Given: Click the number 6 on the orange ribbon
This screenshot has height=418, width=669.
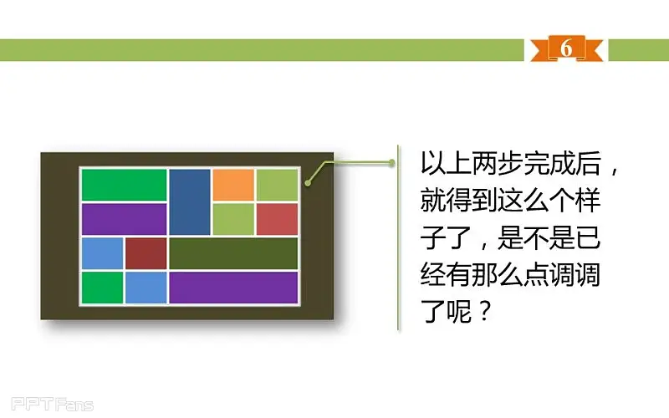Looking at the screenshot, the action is tap(566, 48).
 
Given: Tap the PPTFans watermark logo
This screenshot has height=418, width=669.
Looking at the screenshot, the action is tap(52, 404).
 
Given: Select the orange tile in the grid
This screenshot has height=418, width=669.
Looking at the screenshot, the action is tap(233, 185).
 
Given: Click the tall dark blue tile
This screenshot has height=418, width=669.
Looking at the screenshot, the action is tap(190, 201).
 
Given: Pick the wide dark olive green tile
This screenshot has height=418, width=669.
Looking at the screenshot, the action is tap(233, 253).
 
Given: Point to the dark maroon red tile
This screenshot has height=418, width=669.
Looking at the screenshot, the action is tap(146, 253).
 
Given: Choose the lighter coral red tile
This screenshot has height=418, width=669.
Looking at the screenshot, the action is tap(277, 219).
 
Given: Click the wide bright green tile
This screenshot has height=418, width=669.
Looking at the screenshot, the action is tap(124, 185).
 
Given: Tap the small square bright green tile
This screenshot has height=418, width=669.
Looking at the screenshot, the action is tap(102, 288).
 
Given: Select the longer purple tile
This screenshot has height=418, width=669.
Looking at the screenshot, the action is tap(233, 288).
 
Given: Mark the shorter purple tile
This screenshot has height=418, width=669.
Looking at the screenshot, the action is tap(124, 219).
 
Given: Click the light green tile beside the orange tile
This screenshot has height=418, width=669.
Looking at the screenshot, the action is tap(277, 185).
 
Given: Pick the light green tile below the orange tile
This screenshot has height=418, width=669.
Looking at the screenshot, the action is tap(233, 219).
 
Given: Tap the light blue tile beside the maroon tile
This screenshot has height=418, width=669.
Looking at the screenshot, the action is tap(102, 253).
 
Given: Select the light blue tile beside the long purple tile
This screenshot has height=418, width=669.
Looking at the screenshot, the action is tap(146, 288).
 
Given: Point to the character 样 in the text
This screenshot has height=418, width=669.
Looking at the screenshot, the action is tap(588, 200).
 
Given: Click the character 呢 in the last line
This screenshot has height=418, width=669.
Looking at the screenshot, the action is tap(458, 311).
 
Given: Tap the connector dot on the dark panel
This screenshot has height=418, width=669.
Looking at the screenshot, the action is tap(308, 183).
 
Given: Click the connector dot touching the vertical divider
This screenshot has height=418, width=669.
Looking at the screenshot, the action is tap(391, 162).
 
